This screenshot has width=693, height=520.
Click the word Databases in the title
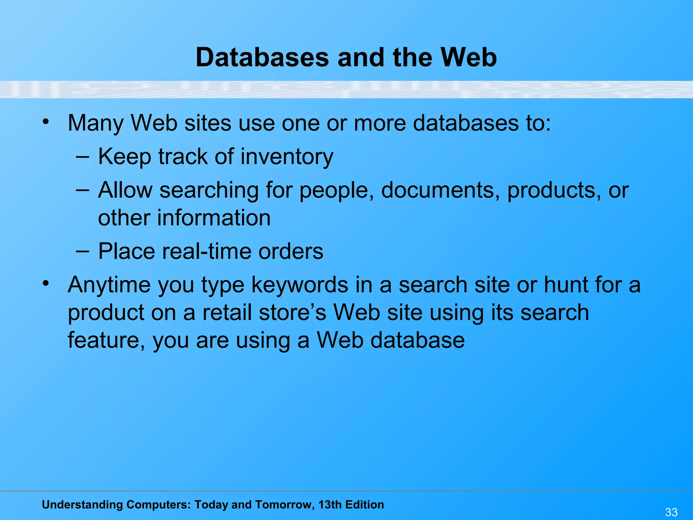tap(262, 57)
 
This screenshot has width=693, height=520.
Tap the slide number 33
tap(671, 512)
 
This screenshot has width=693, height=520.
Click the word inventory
tap(287, 156)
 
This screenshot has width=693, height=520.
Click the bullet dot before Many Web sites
tap(46, 121)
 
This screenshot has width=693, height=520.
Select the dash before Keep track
tap(83, 157)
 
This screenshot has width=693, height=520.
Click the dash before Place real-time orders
tap(83, 252)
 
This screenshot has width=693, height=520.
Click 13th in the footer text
tap(330, 505)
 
